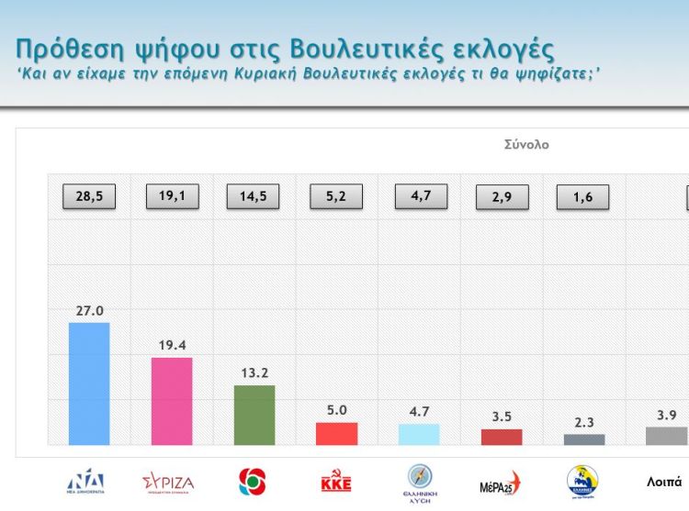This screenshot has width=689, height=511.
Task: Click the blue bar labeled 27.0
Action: (x=89, y=383)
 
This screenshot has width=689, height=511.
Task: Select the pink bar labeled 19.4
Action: (x=172, y=401)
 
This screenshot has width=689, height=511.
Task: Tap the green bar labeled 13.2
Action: (x=254, y=415)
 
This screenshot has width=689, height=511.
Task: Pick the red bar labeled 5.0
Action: (x=336, y=434)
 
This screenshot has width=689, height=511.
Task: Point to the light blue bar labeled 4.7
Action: (x=419, y=435)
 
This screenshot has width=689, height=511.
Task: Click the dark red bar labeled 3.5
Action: (x=502, y=437)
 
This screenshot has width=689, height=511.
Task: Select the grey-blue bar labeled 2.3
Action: (x=584, y=439)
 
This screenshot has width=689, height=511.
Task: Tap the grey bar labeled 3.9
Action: (x=667, y=436)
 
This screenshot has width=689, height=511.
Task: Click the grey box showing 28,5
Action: (x=89, y=196)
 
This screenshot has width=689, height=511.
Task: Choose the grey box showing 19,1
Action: (x=172, y=196)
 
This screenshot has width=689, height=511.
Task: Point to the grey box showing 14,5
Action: (x=253, y=196)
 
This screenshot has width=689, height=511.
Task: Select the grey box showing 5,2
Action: (x=337, y=196)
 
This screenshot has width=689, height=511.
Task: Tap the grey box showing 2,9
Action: (x=502, y=197)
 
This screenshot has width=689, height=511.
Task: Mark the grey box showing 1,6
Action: (x=584, y=197)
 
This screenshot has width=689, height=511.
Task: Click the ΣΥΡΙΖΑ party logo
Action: (x=168, y=481)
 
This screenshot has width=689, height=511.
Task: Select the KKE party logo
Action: (x=335, y=481)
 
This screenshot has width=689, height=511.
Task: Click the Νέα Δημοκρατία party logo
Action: (x=86, y=482)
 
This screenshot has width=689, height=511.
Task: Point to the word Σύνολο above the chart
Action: (x=526, y=145)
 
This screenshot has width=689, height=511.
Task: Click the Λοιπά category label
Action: (x=664, y=480)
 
